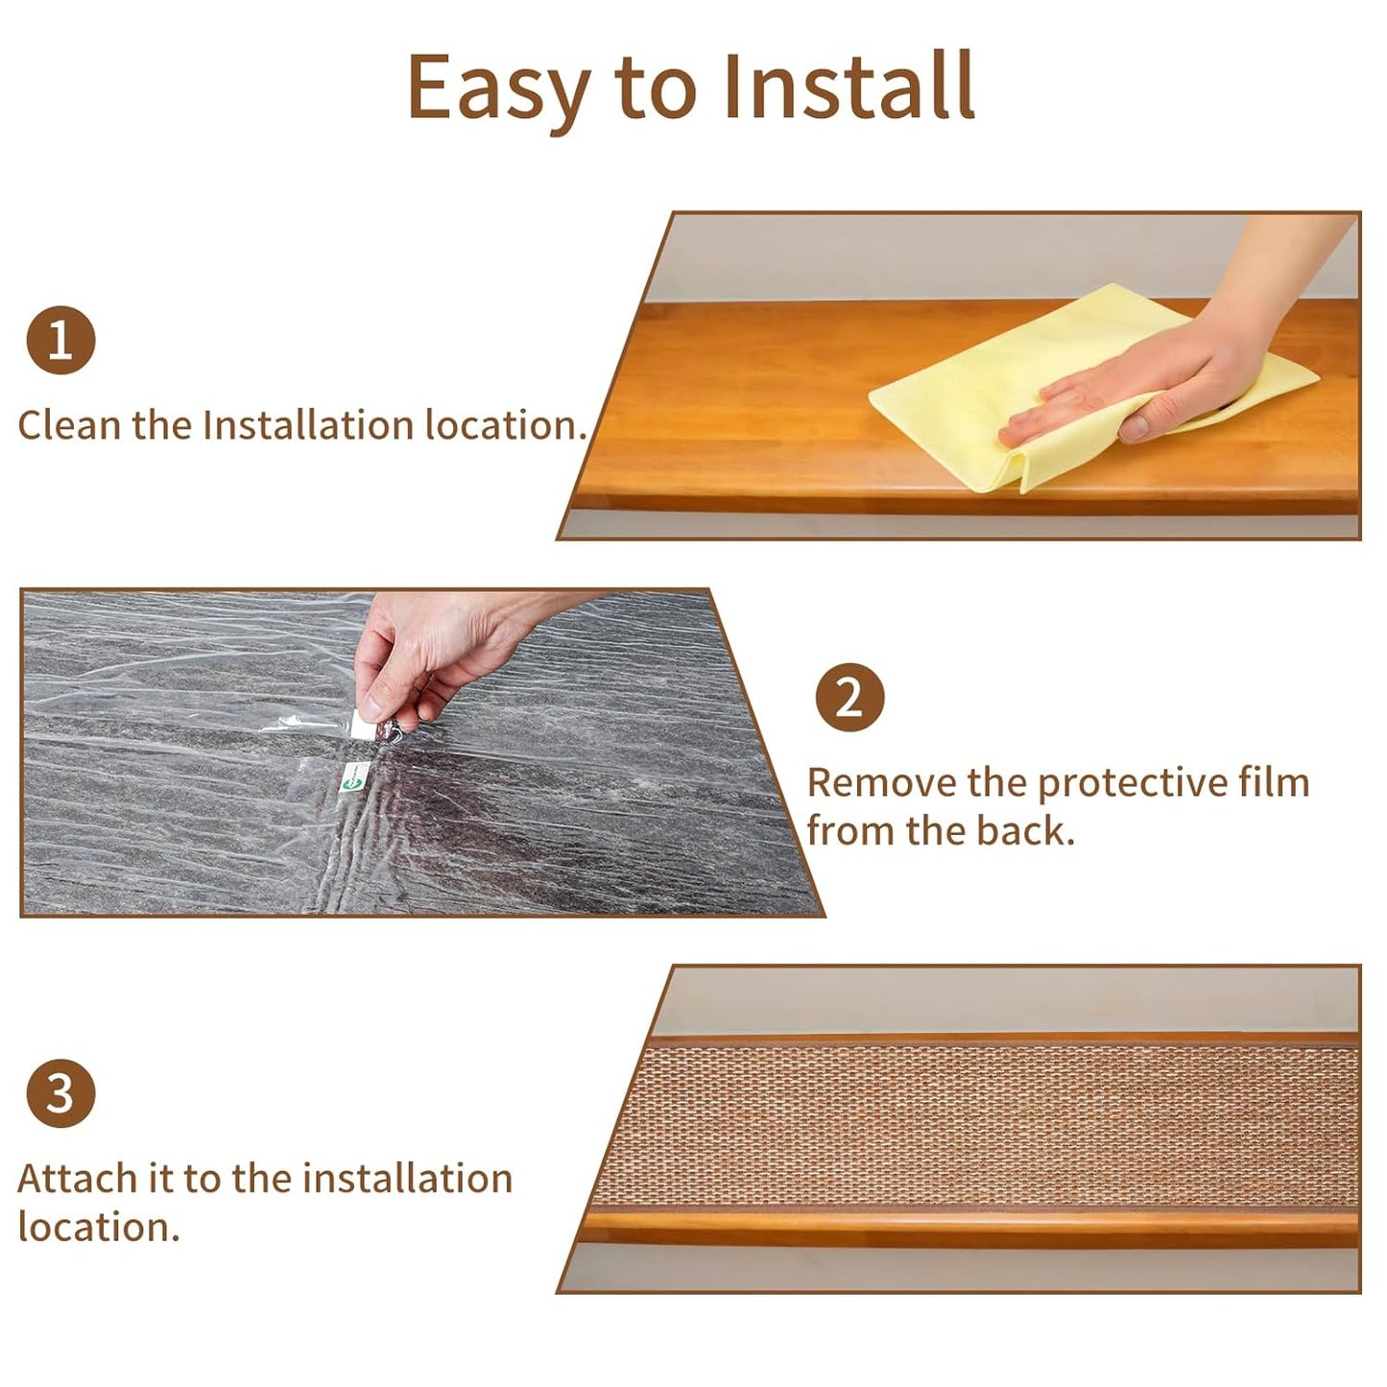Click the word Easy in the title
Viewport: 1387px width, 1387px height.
pos(499,88)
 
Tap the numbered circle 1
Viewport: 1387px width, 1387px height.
pos(60,341)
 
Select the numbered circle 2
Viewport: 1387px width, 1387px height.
pos(849,698)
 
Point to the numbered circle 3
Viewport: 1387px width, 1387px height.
pos(60,1092)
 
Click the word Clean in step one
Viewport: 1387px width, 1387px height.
pos(69,424)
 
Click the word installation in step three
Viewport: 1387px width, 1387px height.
pos(407,1179)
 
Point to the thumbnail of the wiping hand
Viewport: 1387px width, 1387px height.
pos(1135,428)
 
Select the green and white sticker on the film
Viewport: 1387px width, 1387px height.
pos(354,778)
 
